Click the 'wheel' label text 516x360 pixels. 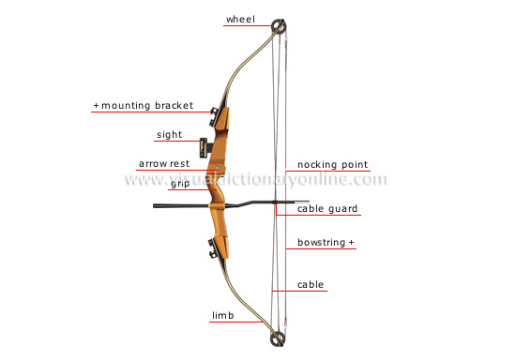pos(239,19)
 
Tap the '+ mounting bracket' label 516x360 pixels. pos(143,107)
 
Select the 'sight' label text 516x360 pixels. pos(169,135)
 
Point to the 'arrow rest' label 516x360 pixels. pos(164,164)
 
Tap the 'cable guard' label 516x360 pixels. pos(327,209)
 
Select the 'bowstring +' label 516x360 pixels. pos(326,243)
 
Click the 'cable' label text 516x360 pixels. pos(311,284)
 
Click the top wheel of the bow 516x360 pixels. pos(278,25)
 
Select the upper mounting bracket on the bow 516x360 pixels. pos(218,113)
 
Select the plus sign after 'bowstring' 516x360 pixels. pos(353,243)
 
